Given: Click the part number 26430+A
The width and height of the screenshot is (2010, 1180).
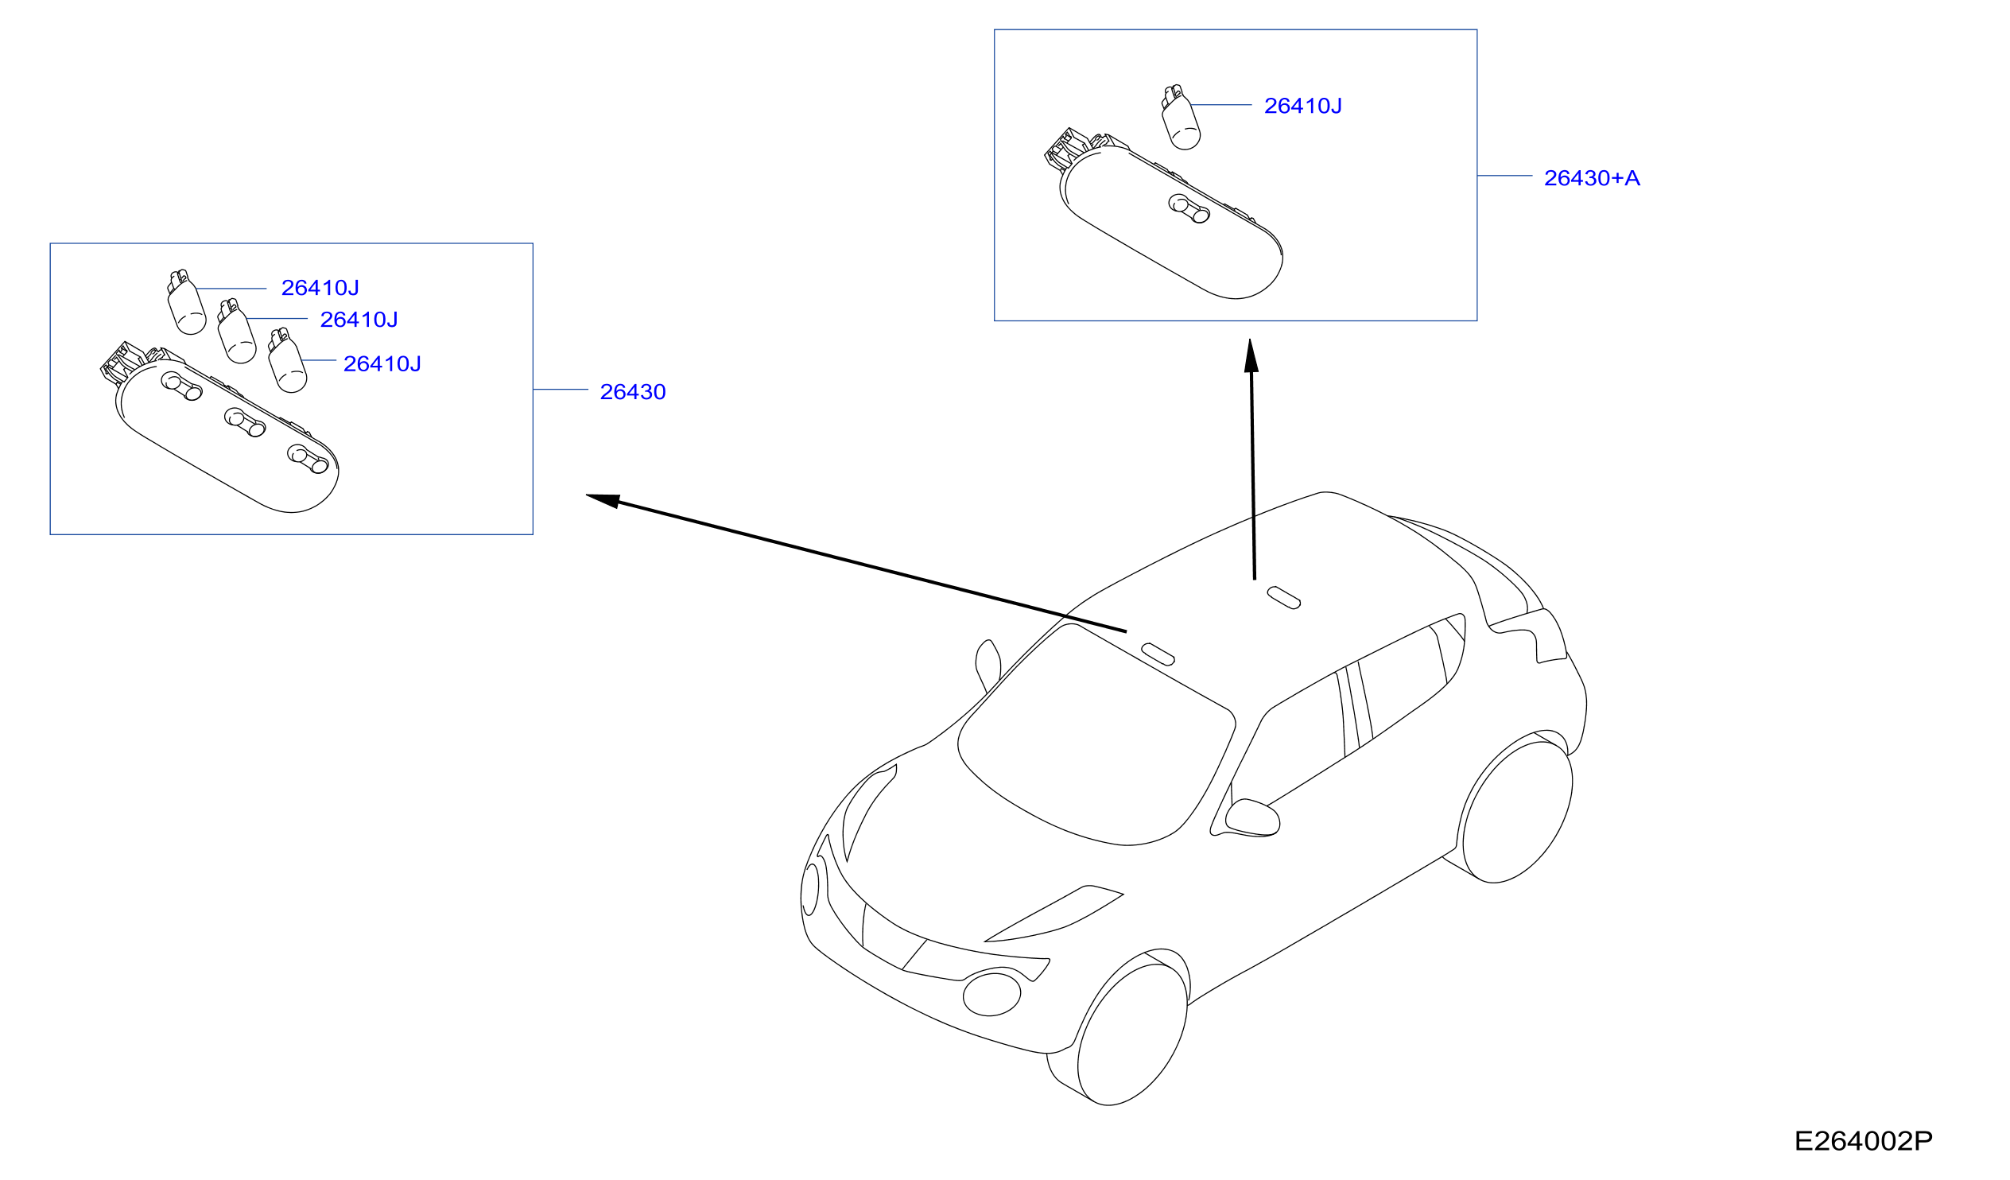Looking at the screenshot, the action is [1591, 178].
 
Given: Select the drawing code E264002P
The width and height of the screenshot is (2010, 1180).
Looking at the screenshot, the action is [1863, 1142].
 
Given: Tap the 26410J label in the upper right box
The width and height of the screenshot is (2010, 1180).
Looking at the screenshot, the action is [1302, 106].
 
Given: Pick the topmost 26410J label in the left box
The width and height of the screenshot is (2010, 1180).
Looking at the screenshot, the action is [320, 288].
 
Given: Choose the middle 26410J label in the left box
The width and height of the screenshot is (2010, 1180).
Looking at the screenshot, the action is [358, 320].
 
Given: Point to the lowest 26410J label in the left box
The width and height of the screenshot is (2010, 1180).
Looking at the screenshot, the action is [382, 364].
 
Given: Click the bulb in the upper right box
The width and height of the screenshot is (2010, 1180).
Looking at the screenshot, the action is [1181, 118].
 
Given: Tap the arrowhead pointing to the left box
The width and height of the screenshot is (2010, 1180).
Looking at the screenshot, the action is [603, 500].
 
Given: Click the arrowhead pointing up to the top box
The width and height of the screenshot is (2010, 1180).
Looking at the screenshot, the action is [1251, 356].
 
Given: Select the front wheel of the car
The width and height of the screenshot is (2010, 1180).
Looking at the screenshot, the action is [1132, 1034].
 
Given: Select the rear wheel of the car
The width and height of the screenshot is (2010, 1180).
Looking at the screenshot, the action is [1517, 812].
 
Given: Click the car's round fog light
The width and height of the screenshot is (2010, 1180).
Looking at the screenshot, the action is [991, 994].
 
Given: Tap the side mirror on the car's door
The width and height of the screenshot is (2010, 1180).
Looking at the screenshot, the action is [1252, 817].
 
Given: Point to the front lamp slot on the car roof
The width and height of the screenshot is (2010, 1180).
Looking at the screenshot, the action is [1158, 654].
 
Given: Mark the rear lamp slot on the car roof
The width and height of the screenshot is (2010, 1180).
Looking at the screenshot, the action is [1283, 598].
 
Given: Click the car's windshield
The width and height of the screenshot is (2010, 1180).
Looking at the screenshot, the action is [1096, 732].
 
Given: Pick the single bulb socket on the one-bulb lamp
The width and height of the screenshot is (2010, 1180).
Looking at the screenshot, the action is [1189, 208].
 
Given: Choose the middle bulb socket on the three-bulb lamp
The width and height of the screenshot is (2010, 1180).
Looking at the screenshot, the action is [244, 422].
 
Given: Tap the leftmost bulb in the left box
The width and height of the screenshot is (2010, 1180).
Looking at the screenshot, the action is [186, 302].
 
